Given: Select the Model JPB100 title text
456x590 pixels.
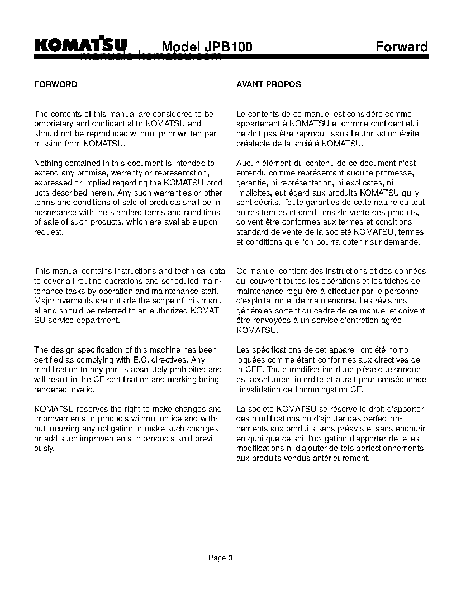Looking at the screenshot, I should (x=207, y=47).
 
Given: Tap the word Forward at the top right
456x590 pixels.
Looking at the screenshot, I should (x=401, y=47).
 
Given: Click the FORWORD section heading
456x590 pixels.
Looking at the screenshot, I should (x=56, y=84).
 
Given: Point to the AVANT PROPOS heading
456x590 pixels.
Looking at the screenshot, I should (x=269, y=84).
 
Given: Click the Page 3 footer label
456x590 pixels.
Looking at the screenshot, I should (x=220, y=558).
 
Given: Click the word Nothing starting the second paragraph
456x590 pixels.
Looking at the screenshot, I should (x=49, y=163).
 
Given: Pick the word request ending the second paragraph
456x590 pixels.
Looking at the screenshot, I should (x=49, y=232).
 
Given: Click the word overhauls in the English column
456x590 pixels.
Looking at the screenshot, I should (x=72, y=301).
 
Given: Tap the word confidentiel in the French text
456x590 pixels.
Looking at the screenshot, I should (x=391, y=123).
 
